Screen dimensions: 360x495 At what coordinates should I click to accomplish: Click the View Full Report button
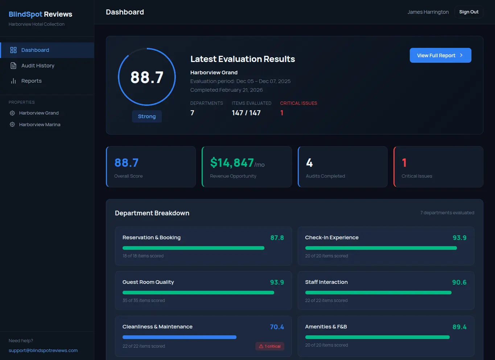pos(440,55)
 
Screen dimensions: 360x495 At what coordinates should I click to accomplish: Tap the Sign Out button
pos(469,12)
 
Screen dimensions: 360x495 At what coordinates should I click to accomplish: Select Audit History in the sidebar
pos(38,66)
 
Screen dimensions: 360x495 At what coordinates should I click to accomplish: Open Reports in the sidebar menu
pos(31,81)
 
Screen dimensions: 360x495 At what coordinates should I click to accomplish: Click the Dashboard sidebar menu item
pos(35,50)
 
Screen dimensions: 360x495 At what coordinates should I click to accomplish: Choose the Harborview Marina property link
pos(40,124)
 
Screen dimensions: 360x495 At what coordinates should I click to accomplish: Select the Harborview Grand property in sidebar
pos(39,113)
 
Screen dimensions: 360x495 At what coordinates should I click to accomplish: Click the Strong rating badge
pos(147,116)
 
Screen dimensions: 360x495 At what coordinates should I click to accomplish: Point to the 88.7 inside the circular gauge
pos(147,77)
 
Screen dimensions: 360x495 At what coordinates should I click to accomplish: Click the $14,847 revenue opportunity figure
pos(232,163)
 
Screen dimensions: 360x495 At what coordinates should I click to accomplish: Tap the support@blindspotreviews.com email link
pos(43,351)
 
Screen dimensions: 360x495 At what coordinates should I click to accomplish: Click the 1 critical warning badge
pos(270,346)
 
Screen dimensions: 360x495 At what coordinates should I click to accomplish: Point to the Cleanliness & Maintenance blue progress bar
pos(180,337)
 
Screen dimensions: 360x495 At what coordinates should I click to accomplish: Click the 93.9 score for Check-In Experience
pos(459,238)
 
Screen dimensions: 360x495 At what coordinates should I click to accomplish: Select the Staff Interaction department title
pos(326,282)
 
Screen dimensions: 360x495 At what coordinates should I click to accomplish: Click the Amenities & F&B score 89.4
pos(459,327)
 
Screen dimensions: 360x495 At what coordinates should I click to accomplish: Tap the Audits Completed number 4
pos(309,163)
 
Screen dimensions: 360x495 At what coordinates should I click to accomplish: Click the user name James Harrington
pos(428,12)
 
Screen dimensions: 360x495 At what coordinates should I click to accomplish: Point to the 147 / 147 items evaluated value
pos(246,113)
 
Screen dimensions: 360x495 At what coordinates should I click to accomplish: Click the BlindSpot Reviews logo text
pos(40,14)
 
